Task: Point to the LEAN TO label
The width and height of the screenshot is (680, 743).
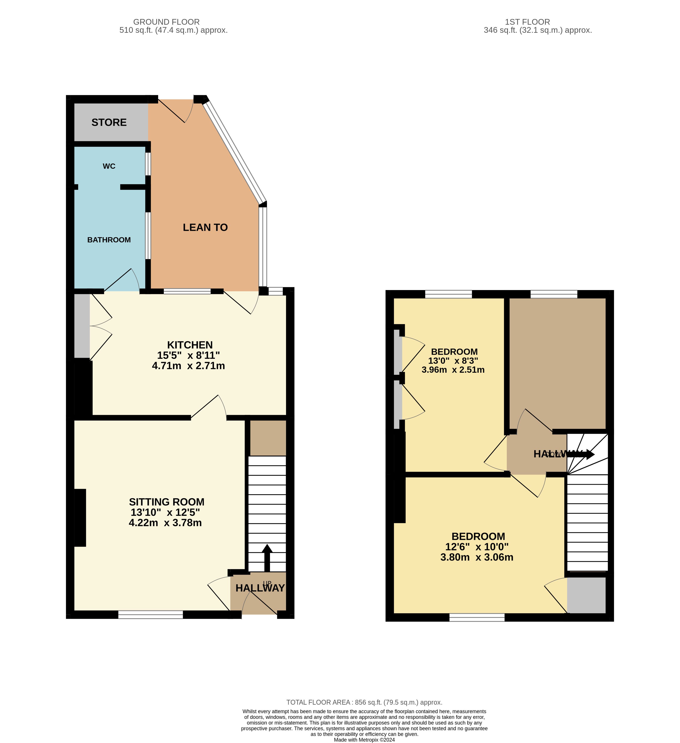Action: (x=205, y=227)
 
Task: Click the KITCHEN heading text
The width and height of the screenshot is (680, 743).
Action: (x=190, y=345)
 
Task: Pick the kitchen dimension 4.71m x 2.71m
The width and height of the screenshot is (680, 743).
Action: (x=189, y=366)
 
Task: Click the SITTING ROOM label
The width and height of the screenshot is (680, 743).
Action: (x=167, y=502)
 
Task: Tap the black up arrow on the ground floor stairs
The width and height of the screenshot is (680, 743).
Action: (x=267, y=558)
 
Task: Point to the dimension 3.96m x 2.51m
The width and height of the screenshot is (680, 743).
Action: (x=453, y=370)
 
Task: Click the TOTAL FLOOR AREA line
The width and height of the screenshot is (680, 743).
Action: (x=364, y=702)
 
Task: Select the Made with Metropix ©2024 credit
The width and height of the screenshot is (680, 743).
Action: (x=364, y=740)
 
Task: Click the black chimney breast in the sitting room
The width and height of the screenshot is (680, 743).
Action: (x=80, y=518)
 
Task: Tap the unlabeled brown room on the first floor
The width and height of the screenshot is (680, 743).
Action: (x=558, y=363)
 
